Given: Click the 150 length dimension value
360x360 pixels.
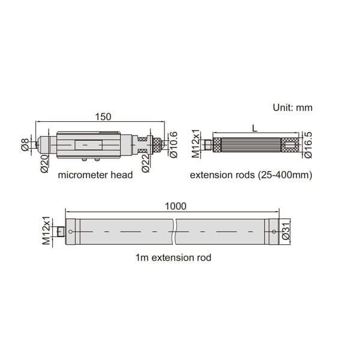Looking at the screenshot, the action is pyautogui.click(x=103, y=116).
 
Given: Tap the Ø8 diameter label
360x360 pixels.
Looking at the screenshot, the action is pyautogui.click(x=25, y=144).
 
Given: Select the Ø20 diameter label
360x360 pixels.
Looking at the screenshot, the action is pyautogui.click(x=44, y=164).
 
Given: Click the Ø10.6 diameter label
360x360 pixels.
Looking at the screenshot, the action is pyautogui.click(x=173, y=145).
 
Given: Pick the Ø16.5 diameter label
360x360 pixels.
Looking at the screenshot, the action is pyautogui.click(x=308, y=145).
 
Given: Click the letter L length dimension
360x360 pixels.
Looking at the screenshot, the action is pyautogui.click(x=254, y=128).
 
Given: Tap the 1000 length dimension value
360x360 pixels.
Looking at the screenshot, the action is pyautogui.click(x=176, y=206).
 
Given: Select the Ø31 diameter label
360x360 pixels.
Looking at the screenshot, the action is pyautogui.click(x=286, y=232).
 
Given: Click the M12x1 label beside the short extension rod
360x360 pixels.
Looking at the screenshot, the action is pyautogui.click(x=196, y=145).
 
